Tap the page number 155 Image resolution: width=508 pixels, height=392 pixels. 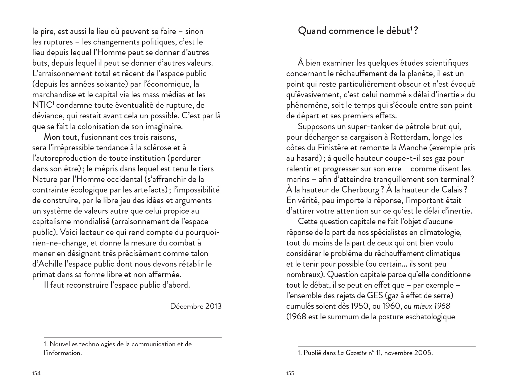click(x=290, y=373)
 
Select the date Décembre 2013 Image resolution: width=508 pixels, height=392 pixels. click(x=196, y=306)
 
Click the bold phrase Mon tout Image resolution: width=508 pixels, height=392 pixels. click(x=60, y=137)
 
